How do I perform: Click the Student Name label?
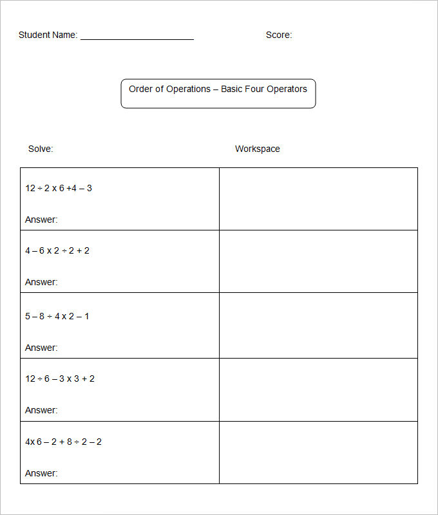coord(48,35)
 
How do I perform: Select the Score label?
coord(278,35)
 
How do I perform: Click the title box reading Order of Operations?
coord(218,93)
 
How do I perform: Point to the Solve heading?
coord(41,149)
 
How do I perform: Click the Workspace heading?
coord(257,149)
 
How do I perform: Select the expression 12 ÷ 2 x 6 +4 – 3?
coord(59,188)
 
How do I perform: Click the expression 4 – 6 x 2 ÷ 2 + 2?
coord(57,250)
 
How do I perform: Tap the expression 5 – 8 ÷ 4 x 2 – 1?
coord(57,316)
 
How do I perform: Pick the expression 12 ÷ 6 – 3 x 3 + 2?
coord(60,379)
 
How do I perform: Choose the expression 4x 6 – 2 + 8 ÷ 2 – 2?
coord(63,442)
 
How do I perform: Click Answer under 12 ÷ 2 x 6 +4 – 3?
coord(41,220)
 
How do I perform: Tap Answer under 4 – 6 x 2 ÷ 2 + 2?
coord(41,282)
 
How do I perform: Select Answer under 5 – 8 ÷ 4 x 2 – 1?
coord(41,348)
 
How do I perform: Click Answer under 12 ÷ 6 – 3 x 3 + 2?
coord(41,410)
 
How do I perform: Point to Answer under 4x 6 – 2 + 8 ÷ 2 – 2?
coord(41,473)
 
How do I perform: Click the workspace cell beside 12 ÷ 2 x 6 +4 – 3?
coord(318,199)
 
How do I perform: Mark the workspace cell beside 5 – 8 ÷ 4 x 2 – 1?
coord(318,325)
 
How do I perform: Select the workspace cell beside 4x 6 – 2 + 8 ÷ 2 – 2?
coord(318,453)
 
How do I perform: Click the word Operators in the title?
coord(287,89)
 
